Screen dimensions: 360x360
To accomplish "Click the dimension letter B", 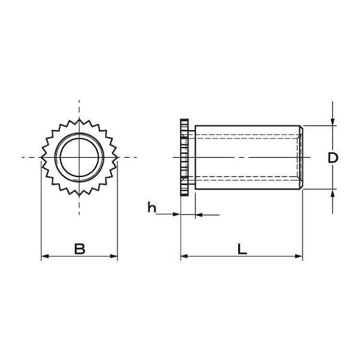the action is click(x=80, y=249).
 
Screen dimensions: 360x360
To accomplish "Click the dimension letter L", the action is click(x=242, y=249).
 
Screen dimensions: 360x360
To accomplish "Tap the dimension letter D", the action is click(x=333, y=158).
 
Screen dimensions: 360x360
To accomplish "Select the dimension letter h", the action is click(x=152, y=208).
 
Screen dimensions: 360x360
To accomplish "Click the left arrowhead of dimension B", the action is click(x=45, y=256).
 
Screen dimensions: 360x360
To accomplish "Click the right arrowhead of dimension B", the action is click(x=114, y=256).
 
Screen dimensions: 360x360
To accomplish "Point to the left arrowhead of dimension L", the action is click(x=184, y=256).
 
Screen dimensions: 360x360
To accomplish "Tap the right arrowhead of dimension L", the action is click(x=299, y=256).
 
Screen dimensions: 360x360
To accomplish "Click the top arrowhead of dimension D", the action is click(x=332, y=122).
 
